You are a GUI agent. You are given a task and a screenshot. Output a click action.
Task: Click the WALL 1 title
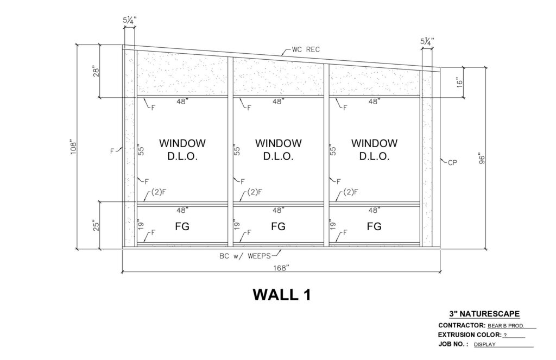282,295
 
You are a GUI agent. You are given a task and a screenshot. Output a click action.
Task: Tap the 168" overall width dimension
282,268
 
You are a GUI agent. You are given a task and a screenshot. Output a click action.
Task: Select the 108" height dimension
73,148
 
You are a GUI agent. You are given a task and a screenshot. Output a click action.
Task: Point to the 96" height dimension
481,159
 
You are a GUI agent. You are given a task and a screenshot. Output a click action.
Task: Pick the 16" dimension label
459,83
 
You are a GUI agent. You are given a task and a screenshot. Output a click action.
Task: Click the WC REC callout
306,49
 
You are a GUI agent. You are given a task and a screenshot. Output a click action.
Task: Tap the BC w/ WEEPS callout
245,256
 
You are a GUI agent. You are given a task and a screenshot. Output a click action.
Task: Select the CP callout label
452,163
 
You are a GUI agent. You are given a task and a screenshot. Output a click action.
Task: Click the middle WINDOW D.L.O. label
279,150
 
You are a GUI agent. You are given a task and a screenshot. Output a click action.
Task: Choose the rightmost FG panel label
374,226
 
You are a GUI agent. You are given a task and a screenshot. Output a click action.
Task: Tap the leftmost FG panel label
182,226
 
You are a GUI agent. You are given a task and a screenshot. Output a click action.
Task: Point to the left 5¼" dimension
129,20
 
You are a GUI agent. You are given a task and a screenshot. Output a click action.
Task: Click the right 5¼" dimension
427,41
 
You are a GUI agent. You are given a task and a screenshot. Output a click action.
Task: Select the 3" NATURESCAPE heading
484,313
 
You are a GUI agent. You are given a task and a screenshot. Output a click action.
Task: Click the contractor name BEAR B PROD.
506,326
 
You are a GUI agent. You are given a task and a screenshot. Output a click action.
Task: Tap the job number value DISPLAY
485,344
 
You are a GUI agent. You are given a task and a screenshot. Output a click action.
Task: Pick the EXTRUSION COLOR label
470,334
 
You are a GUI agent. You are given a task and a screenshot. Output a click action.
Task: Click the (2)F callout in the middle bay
255,192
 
